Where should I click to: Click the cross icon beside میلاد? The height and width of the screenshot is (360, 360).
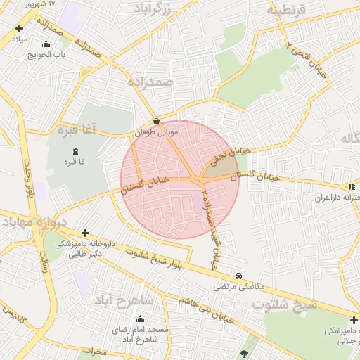[x=19, y=29]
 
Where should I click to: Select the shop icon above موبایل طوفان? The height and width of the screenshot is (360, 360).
[x=156, y=121]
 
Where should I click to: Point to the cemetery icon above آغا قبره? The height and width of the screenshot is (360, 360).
[x=75, y=151]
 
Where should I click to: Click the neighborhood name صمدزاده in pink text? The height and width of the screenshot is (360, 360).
[x=150, y=82]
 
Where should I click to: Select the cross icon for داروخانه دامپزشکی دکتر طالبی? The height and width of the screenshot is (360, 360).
[x=85, y=233]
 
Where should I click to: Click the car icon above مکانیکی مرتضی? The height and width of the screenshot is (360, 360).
[x=240, y=276]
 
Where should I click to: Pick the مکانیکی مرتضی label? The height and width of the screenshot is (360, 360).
[x=240, y=287]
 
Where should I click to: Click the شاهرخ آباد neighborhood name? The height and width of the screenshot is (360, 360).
[x=123, y=300]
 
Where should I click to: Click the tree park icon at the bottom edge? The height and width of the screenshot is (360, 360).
[x=244, y=354]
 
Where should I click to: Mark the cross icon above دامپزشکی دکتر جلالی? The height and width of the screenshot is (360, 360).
[x=354, y=321]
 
